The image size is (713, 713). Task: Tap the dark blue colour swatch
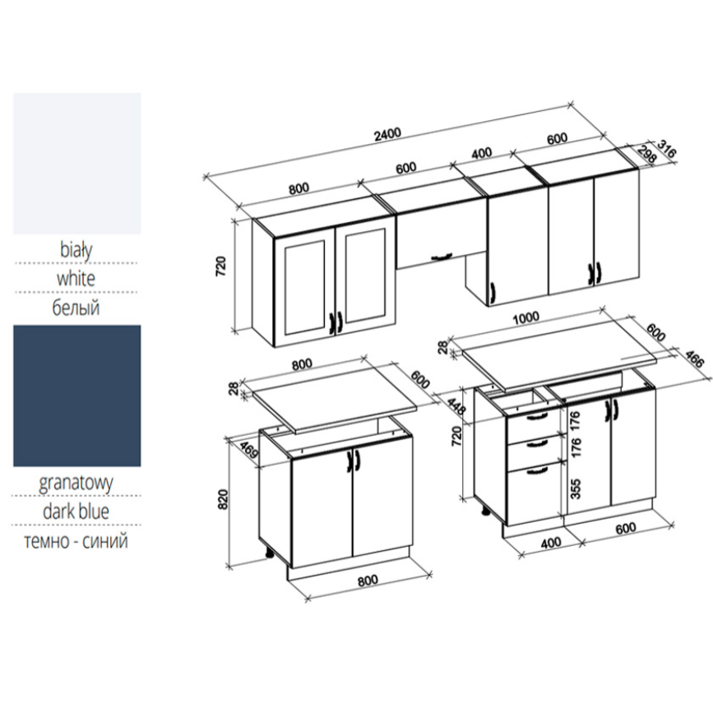tap(76, 395)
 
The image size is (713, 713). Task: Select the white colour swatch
tap(76, 163)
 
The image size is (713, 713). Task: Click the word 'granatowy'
tap(76, 482)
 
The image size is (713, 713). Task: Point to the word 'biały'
tap(76, 248)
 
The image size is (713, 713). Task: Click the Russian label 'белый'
tap(76, 308)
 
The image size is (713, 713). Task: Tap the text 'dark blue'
tap(76, 512)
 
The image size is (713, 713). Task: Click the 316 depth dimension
tap(665, 152)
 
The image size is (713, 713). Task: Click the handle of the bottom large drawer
tap(535, 470)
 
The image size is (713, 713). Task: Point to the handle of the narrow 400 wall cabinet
tap(493, 290)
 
